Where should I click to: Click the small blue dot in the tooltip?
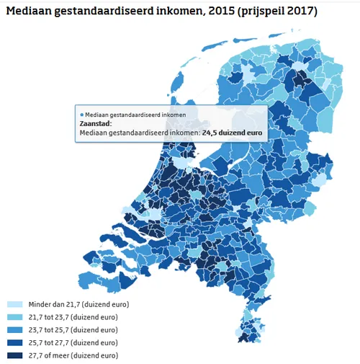tap(81, 115)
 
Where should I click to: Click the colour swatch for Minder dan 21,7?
tap(14, 305)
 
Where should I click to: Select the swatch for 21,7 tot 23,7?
tap(14, 318)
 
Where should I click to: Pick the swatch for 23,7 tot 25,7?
tap(14, 330)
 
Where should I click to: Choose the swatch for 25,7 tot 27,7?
tap(14, 343)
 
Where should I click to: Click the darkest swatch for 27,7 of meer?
tap(14, 355)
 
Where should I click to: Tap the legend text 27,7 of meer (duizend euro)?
tap(71, 355)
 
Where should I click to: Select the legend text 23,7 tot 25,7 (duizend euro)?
tap(72, 330)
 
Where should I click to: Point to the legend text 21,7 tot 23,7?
tap(72, 318)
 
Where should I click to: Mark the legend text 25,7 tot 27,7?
tap(72, 343)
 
